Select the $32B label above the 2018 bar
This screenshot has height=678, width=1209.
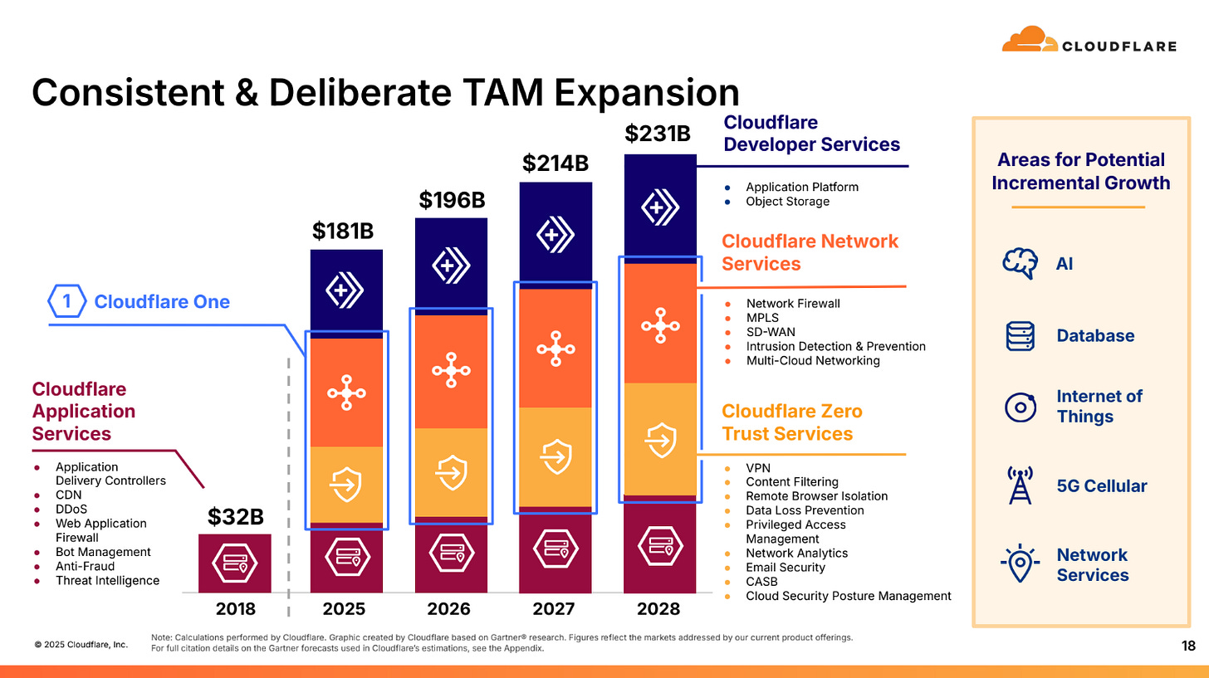click(x=235, y=518)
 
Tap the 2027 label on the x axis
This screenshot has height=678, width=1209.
click(x=554, y=609)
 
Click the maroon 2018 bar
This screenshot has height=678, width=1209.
click(x=235, y=563)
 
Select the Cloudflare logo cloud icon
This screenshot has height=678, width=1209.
click(x=1028, y=40)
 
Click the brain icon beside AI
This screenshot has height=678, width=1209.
click(x=1020, y=263)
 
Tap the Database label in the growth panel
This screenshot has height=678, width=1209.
click(x=1095, y=335)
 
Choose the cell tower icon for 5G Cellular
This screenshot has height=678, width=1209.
click(x=1020, y=486)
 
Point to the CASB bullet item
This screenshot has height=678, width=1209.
click(x=761, y=582)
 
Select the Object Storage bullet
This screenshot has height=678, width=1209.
click(x=787, y=201)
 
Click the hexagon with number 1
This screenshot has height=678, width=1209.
click(x=67, y=302)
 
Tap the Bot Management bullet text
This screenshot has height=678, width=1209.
click(x=103, y=552)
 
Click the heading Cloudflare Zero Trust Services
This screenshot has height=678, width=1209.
click(x=790, y=422)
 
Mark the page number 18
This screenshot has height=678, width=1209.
click(x=1188, y=646)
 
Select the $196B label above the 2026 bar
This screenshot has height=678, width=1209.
click(x=451, y=200)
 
